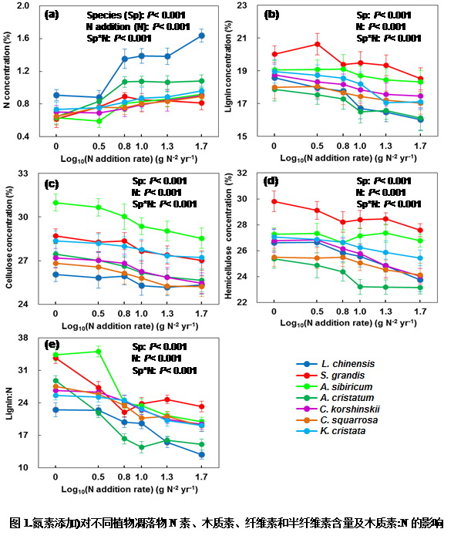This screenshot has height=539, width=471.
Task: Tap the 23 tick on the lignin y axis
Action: tap(251, 5)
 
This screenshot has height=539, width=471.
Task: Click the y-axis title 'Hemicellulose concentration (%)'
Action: tap(229, 235)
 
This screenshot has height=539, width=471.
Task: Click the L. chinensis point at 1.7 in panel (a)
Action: tap(201, 35)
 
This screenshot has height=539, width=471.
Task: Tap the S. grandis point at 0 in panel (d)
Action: tap(274, 201)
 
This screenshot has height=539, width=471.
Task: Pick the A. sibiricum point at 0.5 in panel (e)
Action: tap(98, 352)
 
